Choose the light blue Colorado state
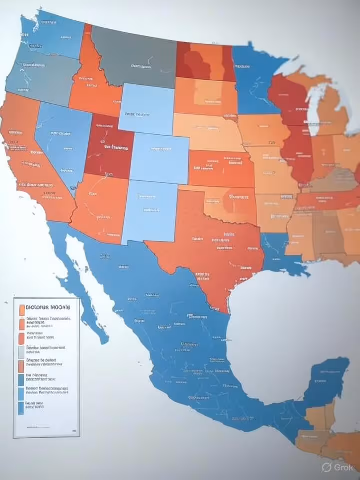tap(160, 157)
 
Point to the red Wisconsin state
tap(287, 100)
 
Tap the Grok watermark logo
tap(338, 467)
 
